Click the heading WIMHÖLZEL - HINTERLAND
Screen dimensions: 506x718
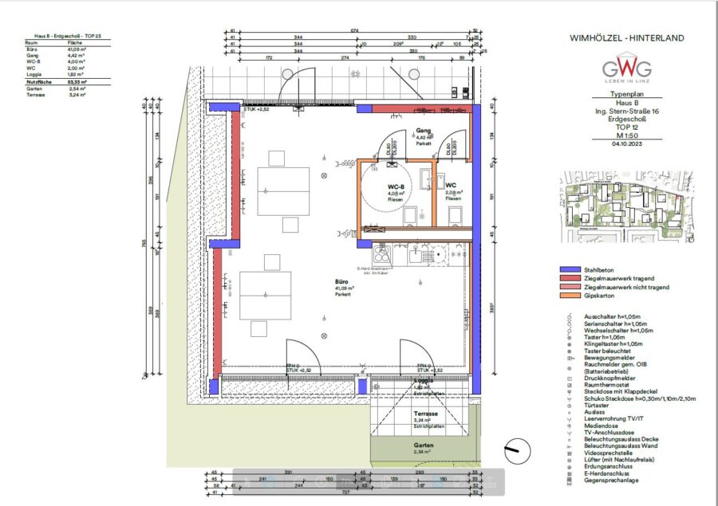[x=626, y=37]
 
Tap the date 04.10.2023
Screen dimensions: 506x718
[x=626, y=143]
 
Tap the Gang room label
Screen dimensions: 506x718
[x=424, y=131]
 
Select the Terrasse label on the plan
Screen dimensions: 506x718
[x=425, y=414]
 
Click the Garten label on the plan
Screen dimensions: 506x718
[x=424, y=446]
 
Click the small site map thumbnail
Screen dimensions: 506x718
[x=626, y=204]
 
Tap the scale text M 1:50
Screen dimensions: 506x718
[x=626, y=135]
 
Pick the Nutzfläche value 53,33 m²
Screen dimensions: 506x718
[x=76, y=82]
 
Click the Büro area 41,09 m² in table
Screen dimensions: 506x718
[x=76, y=49]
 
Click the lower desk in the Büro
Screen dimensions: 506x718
[x=266, y=296]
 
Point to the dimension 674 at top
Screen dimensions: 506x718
[x=354, y=31]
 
